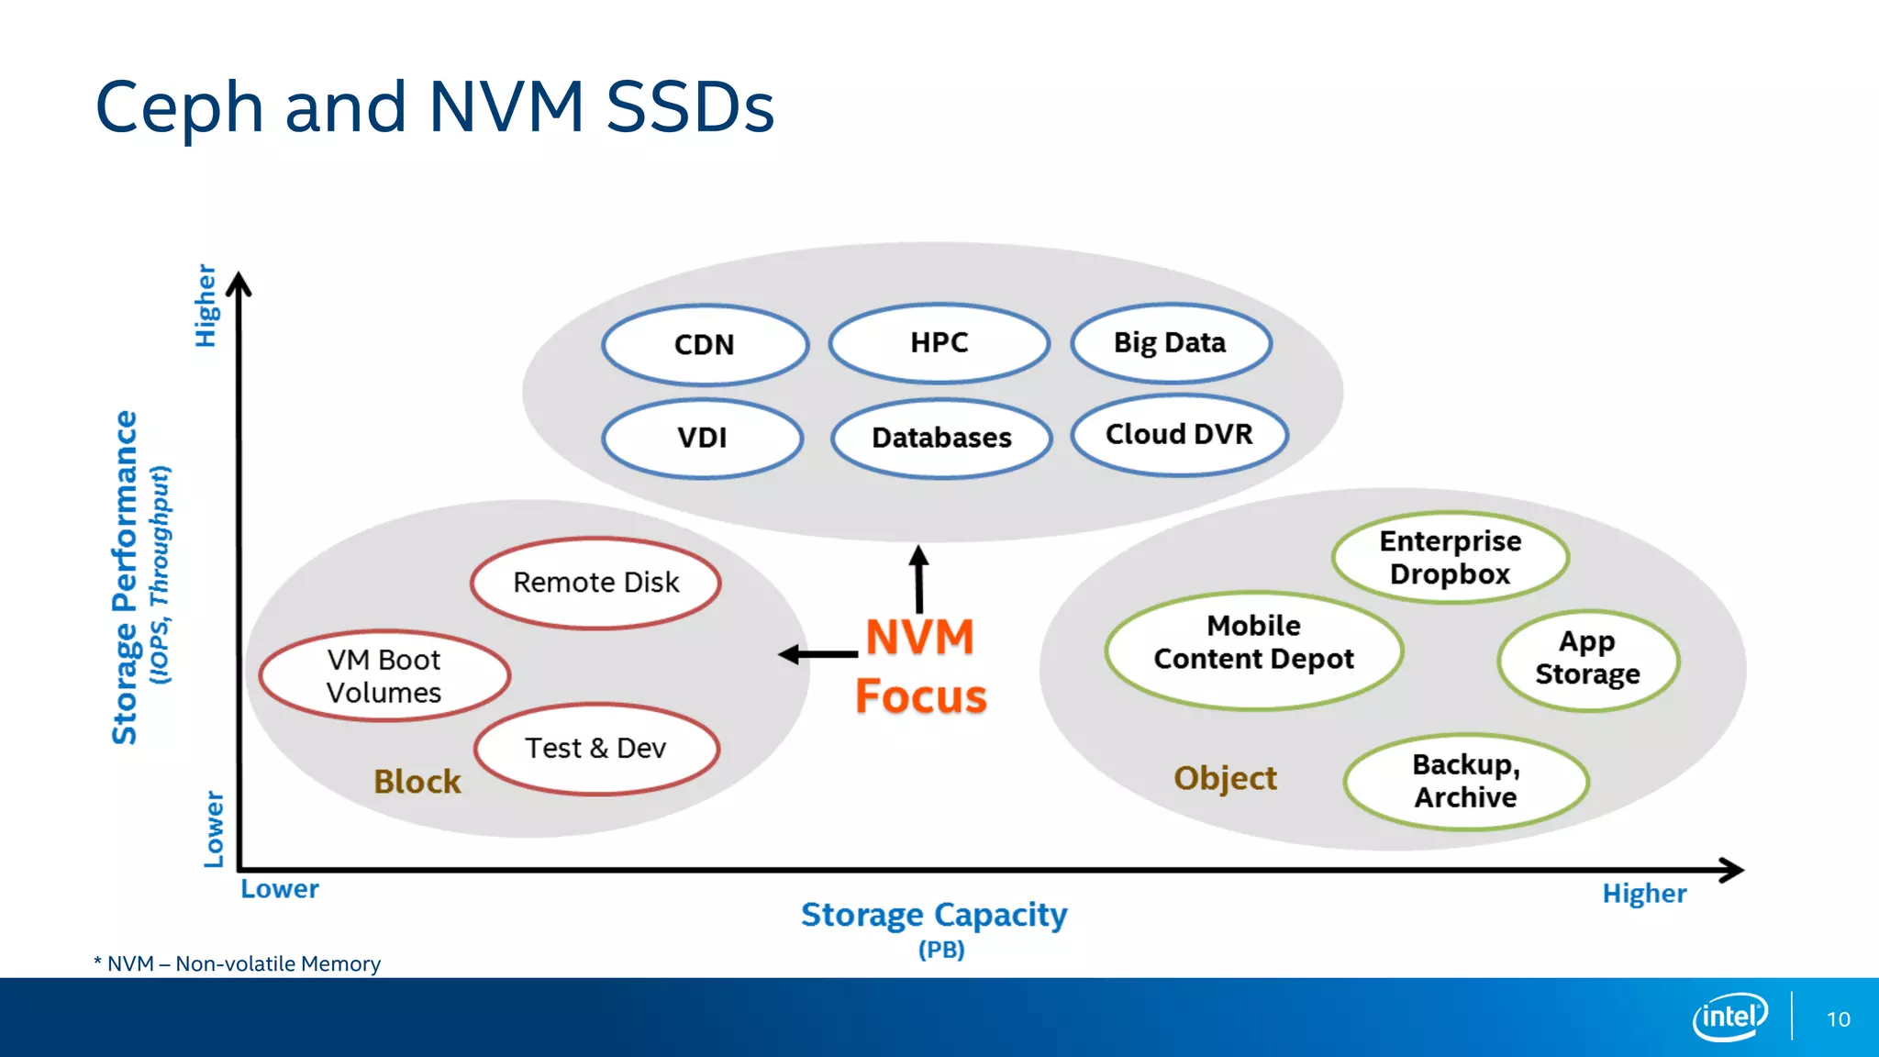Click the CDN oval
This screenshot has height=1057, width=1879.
(705, 345)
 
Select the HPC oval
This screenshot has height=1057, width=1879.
(939, 342)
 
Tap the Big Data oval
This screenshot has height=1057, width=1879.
(1170, 342)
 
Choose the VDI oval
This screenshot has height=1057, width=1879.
(702, 438)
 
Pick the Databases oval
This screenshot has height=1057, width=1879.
(941, 438)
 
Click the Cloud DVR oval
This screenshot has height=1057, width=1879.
(1179, 434)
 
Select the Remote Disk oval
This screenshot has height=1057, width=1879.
(595, 583)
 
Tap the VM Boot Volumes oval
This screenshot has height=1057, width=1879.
(384, 676)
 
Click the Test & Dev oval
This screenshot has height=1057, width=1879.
(595, 749)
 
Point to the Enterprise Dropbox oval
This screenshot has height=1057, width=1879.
(1450, 557)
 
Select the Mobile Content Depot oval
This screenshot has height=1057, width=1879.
(1253, 642)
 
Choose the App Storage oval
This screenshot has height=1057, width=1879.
(1587, 658)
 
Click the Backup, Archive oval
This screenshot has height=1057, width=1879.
(1465, 781)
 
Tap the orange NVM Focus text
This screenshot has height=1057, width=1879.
(920, 667)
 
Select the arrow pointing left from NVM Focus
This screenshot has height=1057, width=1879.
(817, 654)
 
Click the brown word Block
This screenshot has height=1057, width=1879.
(417, 782)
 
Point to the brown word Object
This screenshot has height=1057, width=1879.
(1225, 778)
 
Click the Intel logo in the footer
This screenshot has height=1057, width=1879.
(1729, 1017)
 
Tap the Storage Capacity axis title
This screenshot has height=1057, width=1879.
(934, 915)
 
